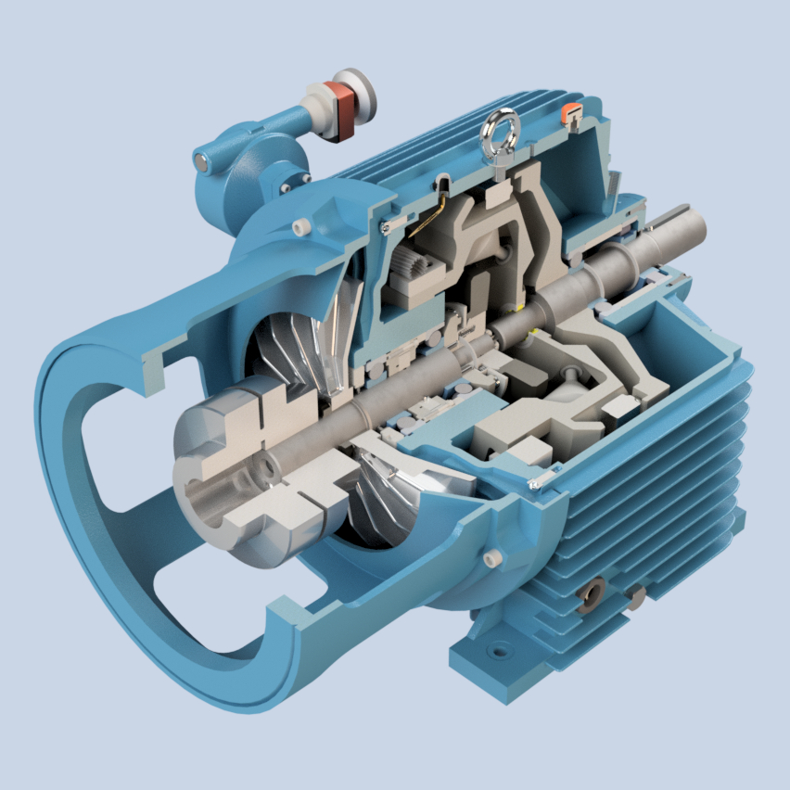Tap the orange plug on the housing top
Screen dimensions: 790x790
coord(572,112)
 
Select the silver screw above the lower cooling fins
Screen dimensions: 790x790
coord(535,484)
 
